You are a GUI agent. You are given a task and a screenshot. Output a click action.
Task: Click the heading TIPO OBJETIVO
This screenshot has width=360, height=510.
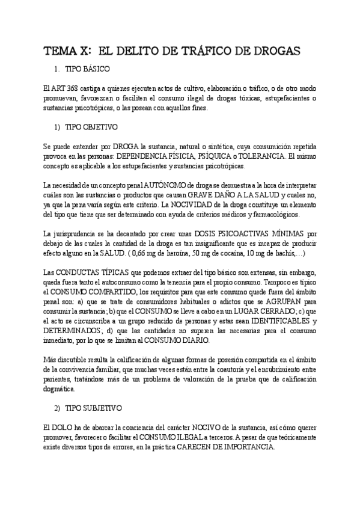91,127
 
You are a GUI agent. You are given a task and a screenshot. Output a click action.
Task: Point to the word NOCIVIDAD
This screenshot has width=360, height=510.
202,204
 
